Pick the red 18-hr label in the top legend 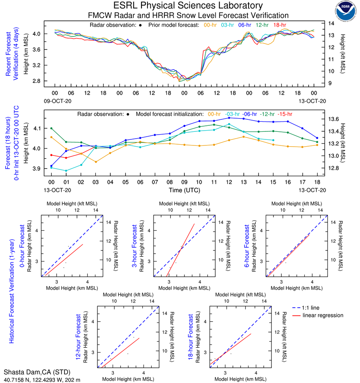pyautogui.click(x=279, y=25)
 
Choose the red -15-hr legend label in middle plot pyautogui.click(x=286, y=114)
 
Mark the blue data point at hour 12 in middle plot pyautogui.click(x=229, y=118)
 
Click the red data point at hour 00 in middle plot pyautogui.click(x=51, y=155)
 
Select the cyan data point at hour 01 pyautogui.click(x=66, y=171)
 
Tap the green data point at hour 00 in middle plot pyautogui.click(x=51, y=128)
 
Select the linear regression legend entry pyautogui.click(x=323, y=315)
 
